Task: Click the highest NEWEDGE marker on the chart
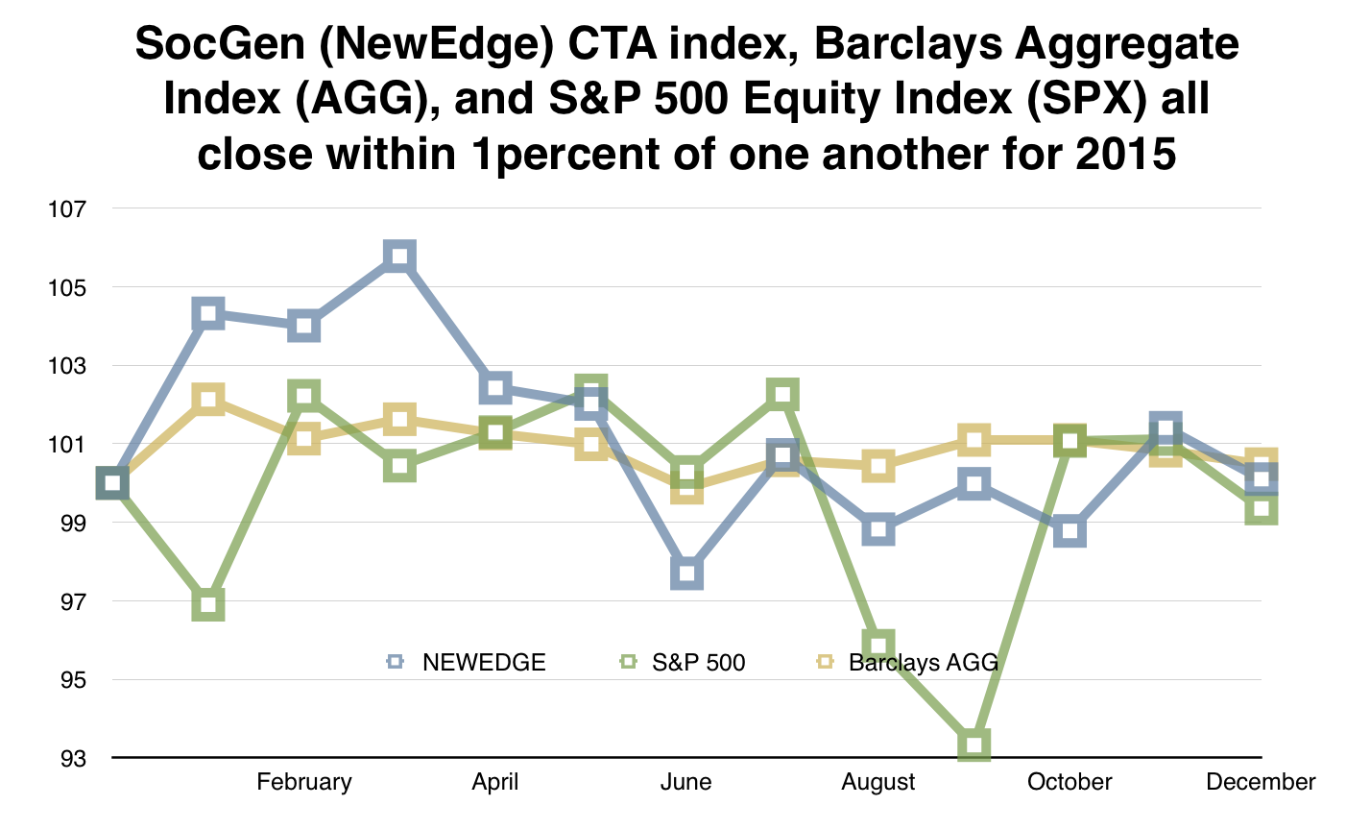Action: click(399, 256)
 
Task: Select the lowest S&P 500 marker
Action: click(973, 745)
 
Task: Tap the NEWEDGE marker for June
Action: click(686, 574)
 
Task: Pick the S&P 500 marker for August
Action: click(878, 645)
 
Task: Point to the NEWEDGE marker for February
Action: click(304, 327)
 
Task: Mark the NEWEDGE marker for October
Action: click(1070, 530)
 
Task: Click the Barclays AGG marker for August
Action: click(878, 467)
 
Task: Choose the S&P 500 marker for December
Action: click(1261, 509)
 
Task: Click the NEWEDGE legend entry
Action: click(467, 662)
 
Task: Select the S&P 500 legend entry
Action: click(683, 662)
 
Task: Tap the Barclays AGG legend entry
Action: click(907, 662)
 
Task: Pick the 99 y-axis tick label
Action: click(75, 524)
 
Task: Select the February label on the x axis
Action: click(304, 782)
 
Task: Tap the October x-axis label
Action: click(1070, 782)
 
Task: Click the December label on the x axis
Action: click(1261, 782)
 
